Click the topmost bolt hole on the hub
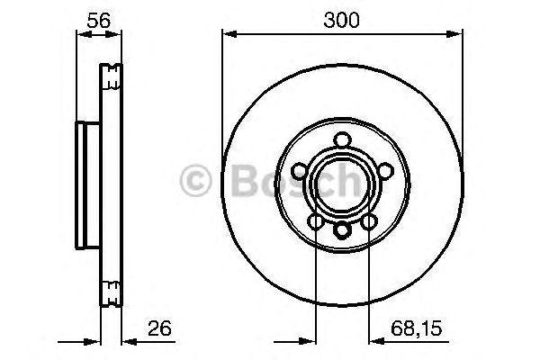pos(342,140)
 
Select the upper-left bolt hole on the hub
pos(301,169)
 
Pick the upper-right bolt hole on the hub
pos(382,169)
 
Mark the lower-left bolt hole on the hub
pos(316,220)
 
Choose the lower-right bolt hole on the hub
pos(368,220)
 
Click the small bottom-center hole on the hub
pos(342,230)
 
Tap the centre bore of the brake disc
pos(342,184)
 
